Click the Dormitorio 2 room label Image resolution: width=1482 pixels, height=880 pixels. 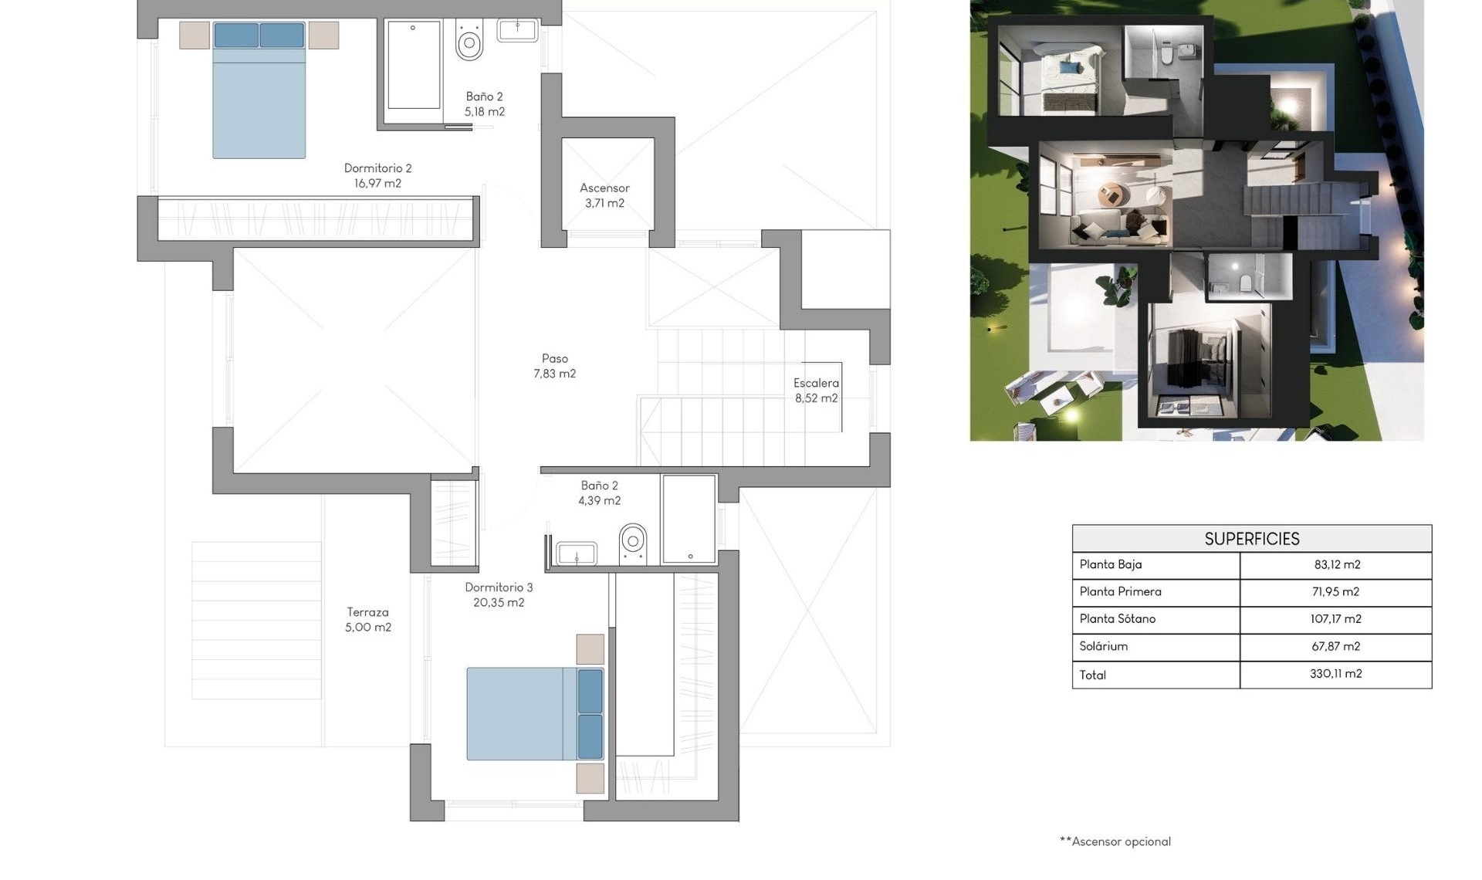(x=377, y=175)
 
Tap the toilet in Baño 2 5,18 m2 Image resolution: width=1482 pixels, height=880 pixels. (x=469, y=42)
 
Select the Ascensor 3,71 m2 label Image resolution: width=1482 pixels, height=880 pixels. (x=604, y=195)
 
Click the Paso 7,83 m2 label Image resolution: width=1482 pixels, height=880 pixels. (x=554, y=366)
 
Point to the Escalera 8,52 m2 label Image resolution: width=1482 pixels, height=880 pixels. (x=816, y=390)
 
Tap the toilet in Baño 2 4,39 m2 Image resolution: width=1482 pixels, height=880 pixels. (x=632, y=542)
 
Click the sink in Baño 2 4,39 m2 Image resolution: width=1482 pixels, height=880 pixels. (x=577, y=553)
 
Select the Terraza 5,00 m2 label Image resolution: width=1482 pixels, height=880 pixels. (x=367, y=619)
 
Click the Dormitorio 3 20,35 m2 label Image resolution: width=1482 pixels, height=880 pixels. (x=499, y=594)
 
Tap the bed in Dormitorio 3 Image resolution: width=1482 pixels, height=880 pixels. (x=525, y=714)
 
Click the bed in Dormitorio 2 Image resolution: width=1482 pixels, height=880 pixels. (x=259, y=96)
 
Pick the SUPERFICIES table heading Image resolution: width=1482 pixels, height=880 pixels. (x=1251, y=539)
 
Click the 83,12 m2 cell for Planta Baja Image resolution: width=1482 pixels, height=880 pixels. (x=1336, y=564)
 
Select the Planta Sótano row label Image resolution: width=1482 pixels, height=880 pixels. (x=1117, y=618)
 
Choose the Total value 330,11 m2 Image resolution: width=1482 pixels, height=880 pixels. (x=1335, y=674)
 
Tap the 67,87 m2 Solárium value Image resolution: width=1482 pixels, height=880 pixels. (x=1335, y=646)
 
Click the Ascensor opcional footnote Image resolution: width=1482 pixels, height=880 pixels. (x=1115, y=841)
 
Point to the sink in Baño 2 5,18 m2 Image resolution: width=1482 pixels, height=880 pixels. (x=516, y=30)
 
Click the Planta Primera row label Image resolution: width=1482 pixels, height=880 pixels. (x=1120, y=591)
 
